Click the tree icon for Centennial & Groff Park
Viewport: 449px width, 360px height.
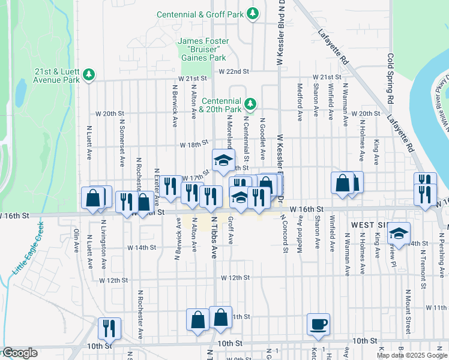[253, 13]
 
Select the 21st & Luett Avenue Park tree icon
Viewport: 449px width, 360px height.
[89, 74]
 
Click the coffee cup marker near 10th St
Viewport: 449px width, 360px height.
[318, 325]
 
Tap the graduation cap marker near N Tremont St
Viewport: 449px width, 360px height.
[398, 235]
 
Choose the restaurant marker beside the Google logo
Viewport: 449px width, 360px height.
[109, 328]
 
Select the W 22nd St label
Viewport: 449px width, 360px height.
[234, 71]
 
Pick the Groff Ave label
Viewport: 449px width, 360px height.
[231, 230]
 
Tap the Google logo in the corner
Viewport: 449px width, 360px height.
[19, 353]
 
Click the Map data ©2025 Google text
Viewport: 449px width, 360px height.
[412, 355]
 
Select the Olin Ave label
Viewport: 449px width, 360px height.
[76, 239]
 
